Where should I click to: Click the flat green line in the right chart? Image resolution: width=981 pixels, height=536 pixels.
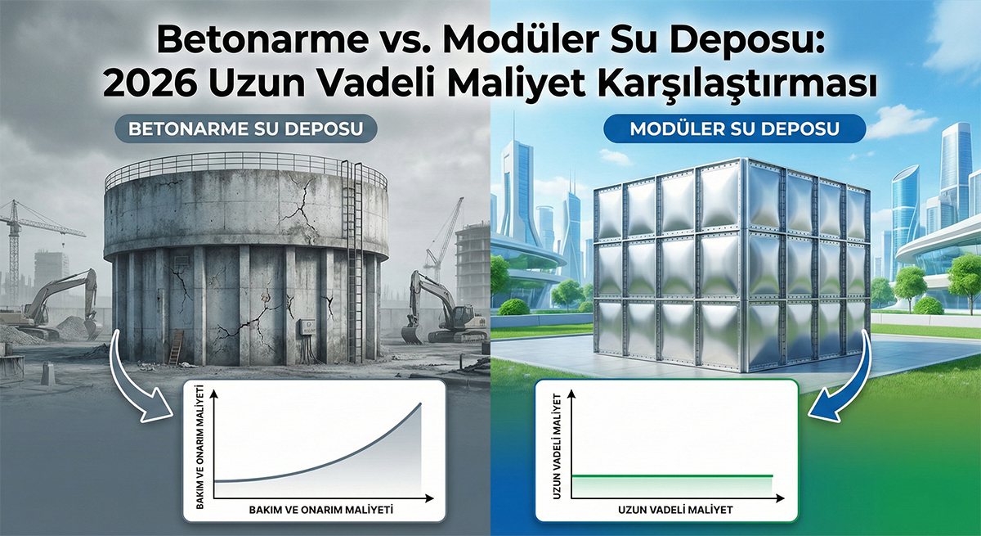coord(670,475)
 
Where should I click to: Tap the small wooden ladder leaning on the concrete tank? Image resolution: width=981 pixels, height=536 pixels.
coord(175,348)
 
